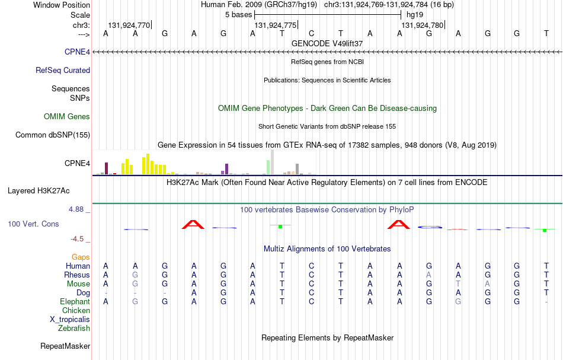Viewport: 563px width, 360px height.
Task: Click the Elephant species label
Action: point(75,301)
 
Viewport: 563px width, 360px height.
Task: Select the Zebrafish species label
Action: point(74,328)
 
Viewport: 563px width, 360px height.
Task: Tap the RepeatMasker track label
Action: point(65,346)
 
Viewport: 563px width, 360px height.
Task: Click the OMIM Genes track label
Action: point(67,116)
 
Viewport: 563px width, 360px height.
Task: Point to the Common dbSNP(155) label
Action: point(53,135)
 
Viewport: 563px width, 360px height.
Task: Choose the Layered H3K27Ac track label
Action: point(39,191)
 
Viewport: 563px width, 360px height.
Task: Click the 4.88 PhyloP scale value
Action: point(76,209)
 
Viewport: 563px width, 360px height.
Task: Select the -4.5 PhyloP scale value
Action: point(77,239)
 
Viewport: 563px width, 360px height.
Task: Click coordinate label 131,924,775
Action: point(276,25)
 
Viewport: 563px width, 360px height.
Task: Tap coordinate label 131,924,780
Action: point(422,25)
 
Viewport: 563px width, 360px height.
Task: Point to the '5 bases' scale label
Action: point(238,15)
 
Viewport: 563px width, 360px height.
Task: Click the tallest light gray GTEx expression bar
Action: point(272,162)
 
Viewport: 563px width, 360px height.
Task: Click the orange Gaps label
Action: point(81,257)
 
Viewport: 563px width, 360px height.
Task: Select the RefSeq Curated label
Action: point(63,70)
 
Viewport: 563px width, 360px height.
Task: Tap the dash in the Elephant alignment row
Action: point(546,302)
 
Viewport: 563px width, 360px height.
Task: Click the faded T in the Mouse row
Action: point(458,284)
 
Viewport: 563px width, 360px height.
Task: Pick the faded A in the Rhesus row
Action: point(428,275)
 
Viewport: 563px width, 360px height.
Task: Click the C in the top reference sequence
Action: point(311,33)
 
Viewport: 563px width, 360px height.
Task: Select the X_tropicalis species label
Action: point(70,320)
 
